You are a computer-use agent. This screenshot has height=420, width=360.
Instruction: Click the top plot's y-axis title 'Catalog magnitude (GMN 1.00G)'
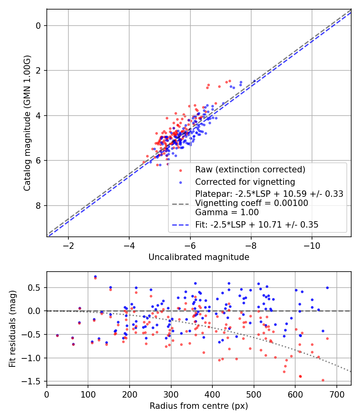click(26, 122)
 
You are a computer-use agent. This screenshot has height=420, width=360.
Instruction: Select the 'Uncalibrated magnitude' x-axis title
click(199, 257)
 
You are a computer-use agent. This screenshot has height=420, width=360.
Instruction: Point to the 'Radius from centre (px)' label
click(199, 406)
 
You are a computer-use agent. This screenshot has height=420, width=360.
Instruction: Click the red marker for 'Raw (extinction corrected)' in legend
click(180, 170)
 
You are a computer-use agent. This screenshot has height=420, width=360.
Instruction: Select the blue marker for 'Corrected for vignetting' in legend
click(180, 182)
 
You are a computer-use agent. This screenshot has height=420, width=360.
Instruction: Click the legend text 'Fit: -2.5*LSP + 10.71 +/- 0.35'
click(257, 225)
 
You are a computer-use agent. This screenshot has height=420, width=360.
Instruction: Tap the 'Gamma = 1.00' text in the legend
click(227, 212)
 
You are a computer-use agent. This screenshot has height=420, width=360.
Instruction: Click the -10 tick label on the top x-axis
click(312, 245)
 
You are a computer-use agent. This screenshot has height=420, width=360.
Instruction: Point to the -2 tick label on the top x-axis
click(68, 245)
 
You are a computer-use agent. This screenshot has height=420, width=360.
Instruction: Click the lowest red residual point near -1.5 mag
click(323, 380)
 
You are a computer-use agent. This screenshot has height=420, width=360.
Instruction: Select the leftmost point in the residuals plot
click(57, 335)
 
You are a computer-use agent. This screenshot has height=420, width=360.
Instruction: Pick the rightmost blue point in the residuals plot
click(327, 288)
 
